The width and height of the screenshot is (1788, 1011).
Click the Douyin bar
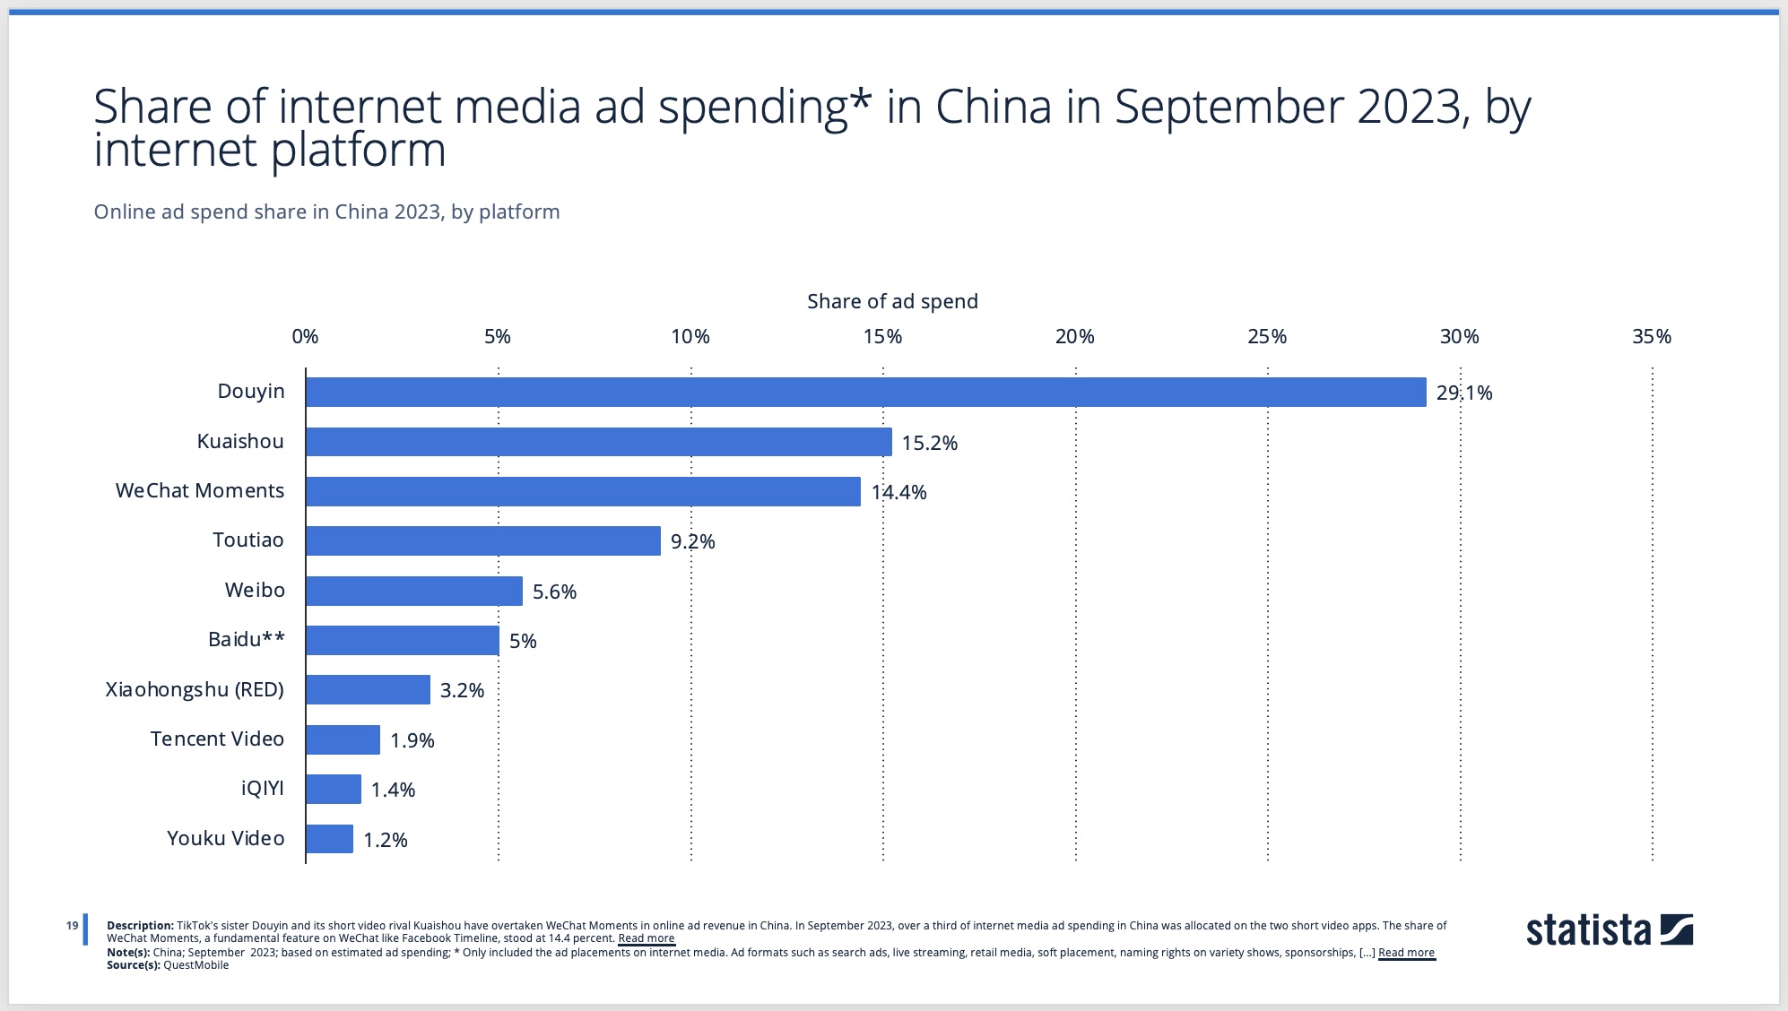click(x=865, y=392)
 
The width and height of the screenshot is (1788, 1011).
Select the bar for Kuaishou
click(x=598, y=442)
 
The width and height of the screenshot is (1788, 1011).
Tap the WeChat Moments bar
click(x=583, y=491)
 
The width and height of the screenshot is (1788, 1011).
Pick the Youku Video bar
click(x=329, y=839)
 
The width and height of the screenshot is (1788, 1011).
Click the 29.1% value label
click(x=1463, y=393)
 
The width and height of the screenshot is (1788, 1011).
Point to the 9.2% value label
click(x=692, y=541)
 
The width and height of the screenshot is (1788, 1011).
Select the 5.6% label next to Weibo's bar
click(x=554, y=592)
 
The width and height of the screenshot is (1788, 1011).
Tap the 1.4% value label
click(x=393, y=790)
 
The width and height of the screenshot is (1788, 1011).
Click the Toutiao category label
click(x=247, y=540)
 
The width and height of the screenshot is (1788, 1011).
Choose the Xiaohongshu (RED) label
click(x=195, y=689)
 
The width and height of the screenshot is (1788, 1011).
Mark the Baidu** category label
click(x=246, y=639)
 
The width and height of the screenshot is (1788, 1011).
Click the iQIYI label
click(x=262, y=788)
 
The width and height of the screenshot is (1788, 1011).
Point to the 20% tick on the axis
click(x=1074, y=336)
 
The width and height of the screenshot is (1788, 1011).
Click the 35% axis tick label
click(x=1651, y=336)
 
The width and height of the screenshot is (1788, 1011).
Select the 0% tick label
click(x=305, y=336)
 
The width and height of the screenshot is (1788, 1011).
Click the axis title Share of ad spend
click(x=891, y=301)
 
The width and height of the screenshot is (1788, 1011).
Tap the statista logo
click(x=1609, y=930)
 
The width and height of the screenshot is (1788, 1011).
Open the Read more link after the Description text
click(x=646, y=938)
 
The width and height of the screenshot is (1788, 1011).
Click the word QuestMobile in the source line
click(x=195, y=965)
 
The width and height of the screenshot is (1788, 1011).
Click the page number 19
click(x=72, y=926)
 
